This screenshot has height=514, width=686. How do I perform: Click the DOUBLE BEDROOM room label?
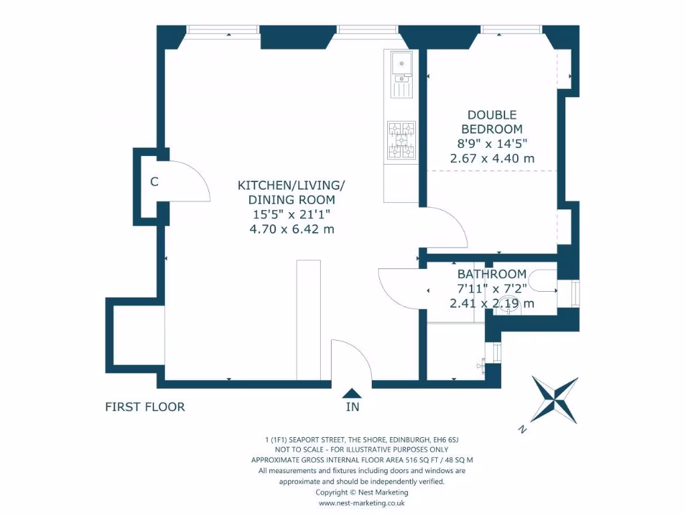tap(492, 122)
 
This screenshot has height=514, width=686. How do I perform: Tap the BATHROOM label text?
tap(492, 274)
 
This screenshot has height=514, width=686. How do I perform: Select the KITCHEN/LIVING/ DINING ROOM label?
tap(291, 192)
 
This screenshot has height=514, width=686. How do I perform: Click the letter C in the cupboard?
tap(154, 182)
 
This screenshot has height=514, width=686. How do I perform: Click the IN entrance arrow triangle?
tap(352, 393)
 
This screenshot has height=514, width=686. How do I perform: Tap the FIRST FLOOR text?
tap(145, 407)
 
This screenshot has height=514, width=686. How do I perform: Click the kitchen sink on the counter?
tap(402, 75)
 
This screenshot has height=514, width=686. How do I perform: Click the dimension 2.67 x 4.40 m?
tap(492, 158)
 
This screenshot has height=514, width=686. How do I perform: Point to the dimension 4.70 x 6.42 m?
tap(292, 229)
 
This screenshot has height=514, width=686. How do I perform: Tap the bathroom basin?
tap(508, 305)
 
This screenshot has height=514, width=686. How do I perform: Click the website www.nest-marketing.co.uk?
tap(361, 503)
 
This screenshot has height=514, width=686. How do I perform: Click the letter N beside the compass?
tap(522, 430)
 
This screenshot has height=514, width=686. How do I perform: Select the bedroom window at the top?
tap(511, 29)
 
